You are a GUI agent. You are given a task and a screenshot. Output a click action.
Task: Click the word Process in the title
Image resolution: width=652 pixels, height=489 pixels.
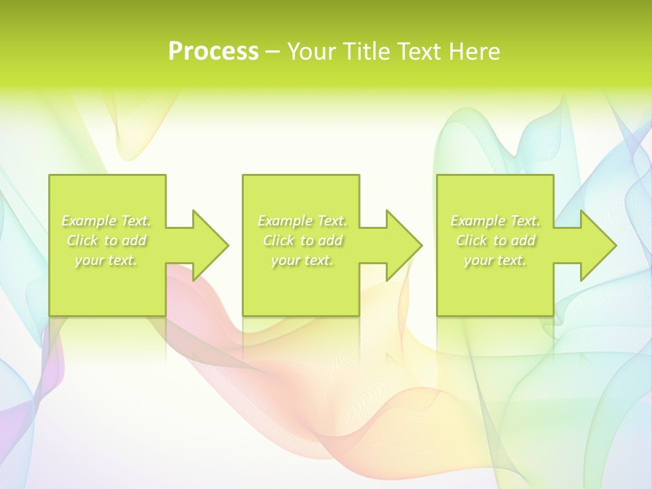(213, 52)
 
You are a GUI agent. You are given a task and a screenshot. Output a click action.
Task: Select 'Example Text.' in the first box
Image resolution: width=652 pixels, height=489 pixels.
(107, 221)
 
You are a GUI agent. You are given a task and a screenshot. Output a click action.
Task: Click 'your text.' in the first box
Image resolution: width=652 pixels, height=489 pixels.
(106, 260)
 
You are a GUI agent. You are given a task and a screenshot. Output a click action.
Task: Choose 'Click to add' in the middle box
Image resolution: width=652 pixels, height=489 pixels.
(302, 240)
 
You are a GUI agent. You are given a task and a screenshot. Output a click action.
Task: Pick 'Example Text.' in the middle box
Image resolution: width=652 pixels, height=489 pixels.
(302, 221)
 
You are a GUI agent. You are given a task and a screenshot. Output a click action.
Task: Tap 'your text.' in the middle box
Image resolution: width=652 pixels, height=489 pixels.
(302, 260)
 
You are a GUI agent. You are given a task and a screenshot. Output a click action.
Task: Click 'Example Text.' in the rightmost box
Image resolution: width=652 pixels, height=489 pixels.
(495, 221)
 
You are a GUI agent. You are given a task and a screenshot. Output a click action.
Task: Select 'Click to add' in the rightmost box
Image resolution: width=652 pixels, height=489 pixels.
(495, 240)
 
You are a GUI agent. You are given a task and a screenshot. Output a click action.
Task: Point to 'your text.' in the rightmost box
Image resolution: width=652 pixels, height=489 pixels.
(495, 260)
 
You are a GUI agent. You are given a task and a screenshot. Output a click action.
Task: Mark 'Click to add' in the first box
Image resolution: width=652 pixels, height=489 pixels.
(107, 240)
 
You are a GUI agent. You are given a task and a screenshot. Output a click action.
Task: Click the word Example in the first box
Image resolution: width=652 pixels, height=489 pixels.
(89, 221)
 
